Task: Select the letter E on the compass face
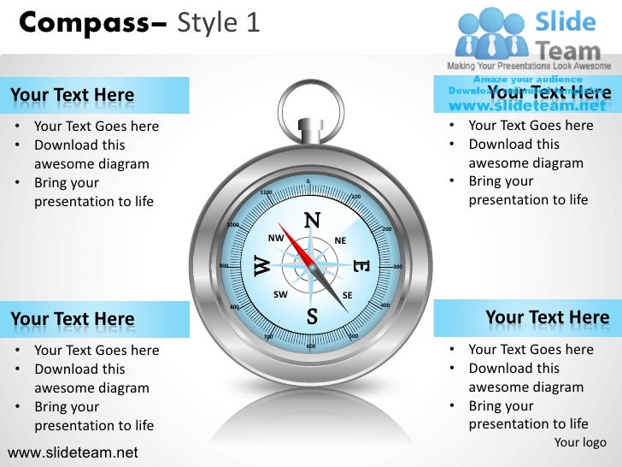[x=360, y=268]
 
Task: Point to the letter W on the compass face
[x=263, y=266]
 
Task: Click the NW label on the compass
[x=275, y=238]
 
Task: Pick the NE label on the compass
[x=340, y=241]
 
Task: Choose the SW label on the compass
[x=280, y=294]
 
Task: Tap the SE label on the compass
[x=347, y=296]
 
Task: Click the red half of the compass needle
[x=295, y=241]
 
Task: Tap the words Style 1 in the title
[x=218, y=23]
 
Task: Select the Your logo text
[x=580, y=442]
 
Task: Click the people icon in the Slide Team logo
[x=490, y=33]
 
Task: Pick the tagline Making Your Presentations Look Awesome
[x=531, y=67]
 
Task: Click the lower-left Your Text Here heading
[x=73, y=320]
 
